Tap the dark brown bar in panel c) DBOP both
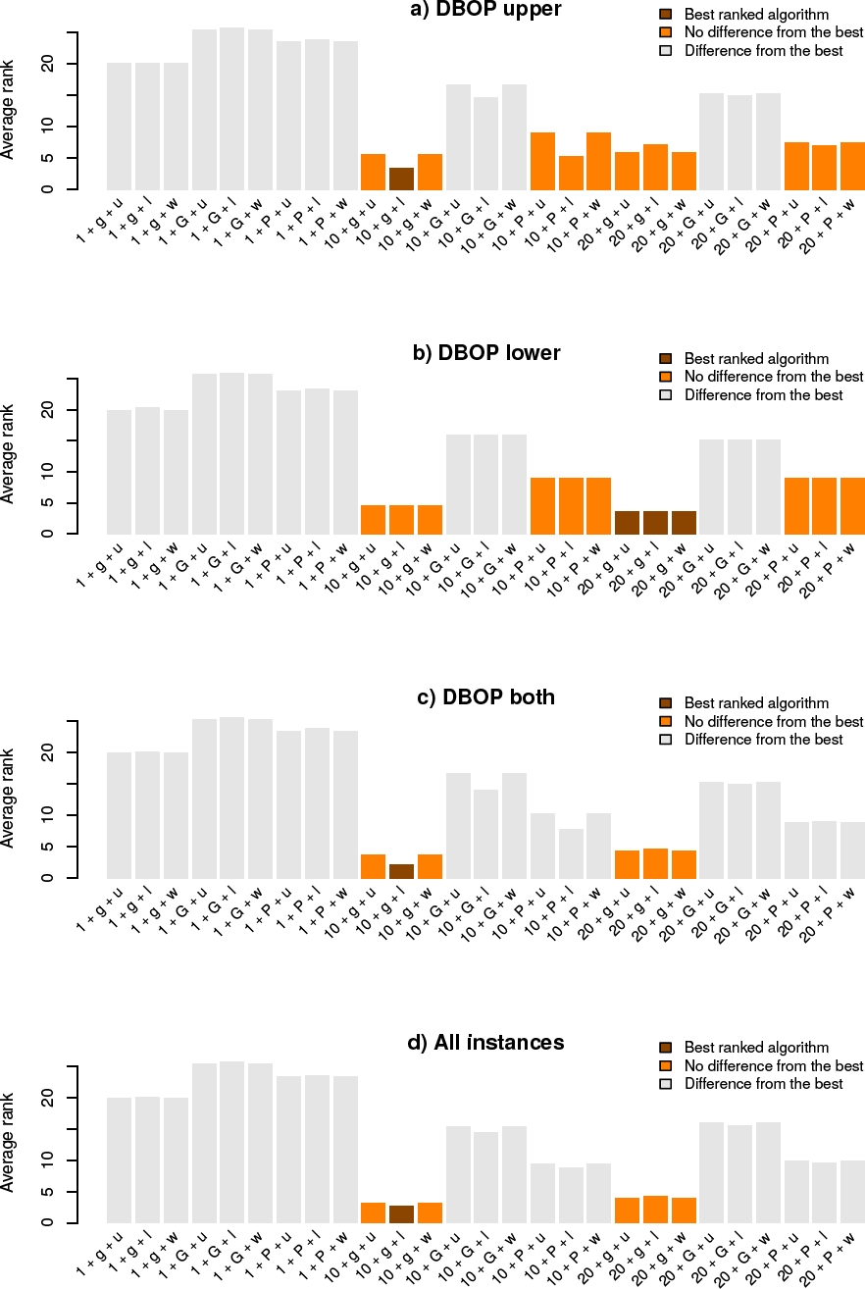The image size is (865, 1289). coord(401,871)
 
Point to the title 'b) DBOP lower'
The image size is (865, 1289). coord(486,353)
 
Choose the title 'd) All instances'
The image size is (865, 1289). coord(485,1042)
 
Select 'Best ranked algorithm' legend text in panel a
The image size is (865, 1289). coord(756,15)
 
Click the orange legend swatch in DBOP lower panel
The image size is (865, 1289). coord(666,377)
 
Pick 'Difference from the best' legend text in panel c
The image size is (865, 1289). coord(763,740)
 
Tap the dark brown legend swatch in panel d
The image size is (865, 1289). coord(666,1048)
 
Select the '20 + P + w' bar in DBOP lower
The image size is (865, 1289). coord(851,506)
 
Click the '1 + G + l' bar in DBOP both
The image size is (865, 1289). coord(232,798)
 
